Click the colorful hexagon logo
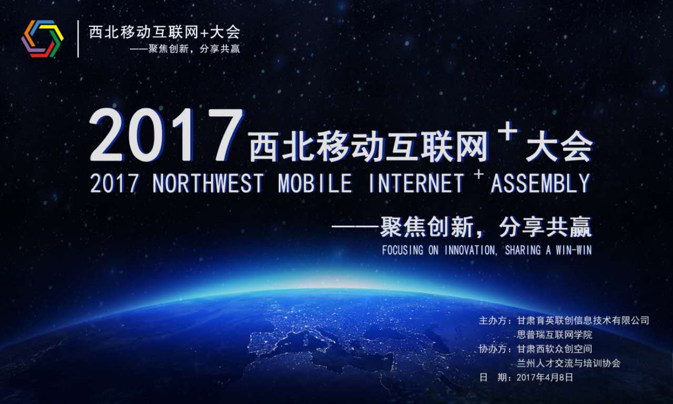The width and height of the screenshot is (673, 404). pyautogui.click(x=43, y=38)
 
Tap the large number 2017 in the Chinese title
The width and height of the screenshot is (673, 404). pyautogui.click(x=166, y=136)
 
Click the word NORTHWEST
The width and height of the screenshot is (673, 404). pyautogui.click(x=208, y=183)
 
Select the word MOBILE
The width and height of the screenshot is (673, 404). pyautogui.click(x=315, y=183)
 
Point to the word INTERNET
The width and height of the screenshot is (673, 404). pyautogui.click(x=416, y=183)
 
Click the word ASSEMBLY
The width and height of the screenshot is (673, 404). pyautogui.click(x=541, y=183)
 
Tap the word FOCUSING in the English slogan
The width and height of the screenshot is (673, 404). pyautogui.click(x=403, y=250)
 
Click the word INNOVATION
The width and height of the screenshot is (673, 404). pyautogui.click(x=471, y=250)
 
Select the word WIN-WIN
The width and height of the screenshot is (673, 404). pyautogui.click(x=574, y=250)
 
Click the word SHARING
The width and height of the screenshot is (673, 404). pyautogui.click(x=523, y=250)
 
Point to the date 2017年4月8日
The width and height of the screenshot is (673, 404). pyautogui.click(x=545, y=378)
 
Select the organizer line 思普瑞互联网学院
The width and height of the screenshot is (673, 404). pyautogui.click(x=554, y=335)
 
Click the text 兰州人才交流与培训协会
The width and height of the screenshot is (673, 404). pyautogui.click(x=568, y=363)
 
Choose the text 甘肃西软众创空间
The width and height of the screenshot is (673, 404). pyautogui.click(x=554, y=349)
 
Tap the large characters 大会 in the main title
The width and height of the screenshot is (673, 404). pyautogui.click(x=559, y=146)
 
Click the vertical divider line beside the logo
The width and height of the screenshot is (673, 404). pyautogui.click(x=78, y=39)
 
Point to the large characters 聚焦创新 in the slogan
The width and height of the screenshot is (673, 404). pyautogui.click(x=427, y=227)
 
